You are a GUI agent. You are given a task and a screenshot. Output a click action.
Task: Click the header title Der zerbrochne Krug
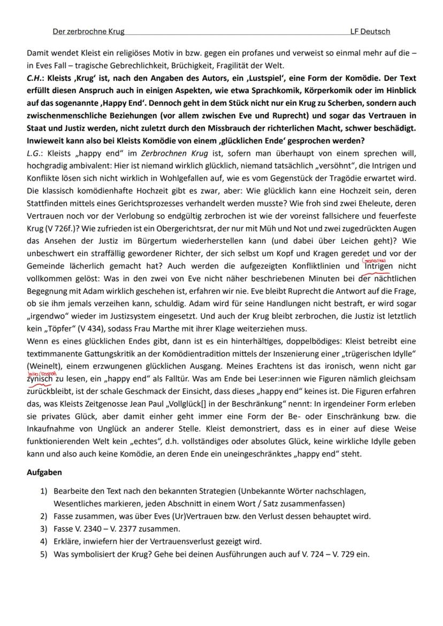[x=88, y=32]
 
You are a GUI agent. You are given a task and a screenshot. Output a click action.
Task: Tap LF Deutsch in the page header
[x=370, y=32]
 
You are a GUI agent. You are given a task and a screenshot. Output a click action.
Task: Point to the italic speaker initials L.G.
[x=35, y=153]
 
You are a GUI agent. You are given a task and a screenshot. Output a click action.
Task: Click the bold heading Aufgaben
[x=44, y=473]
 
